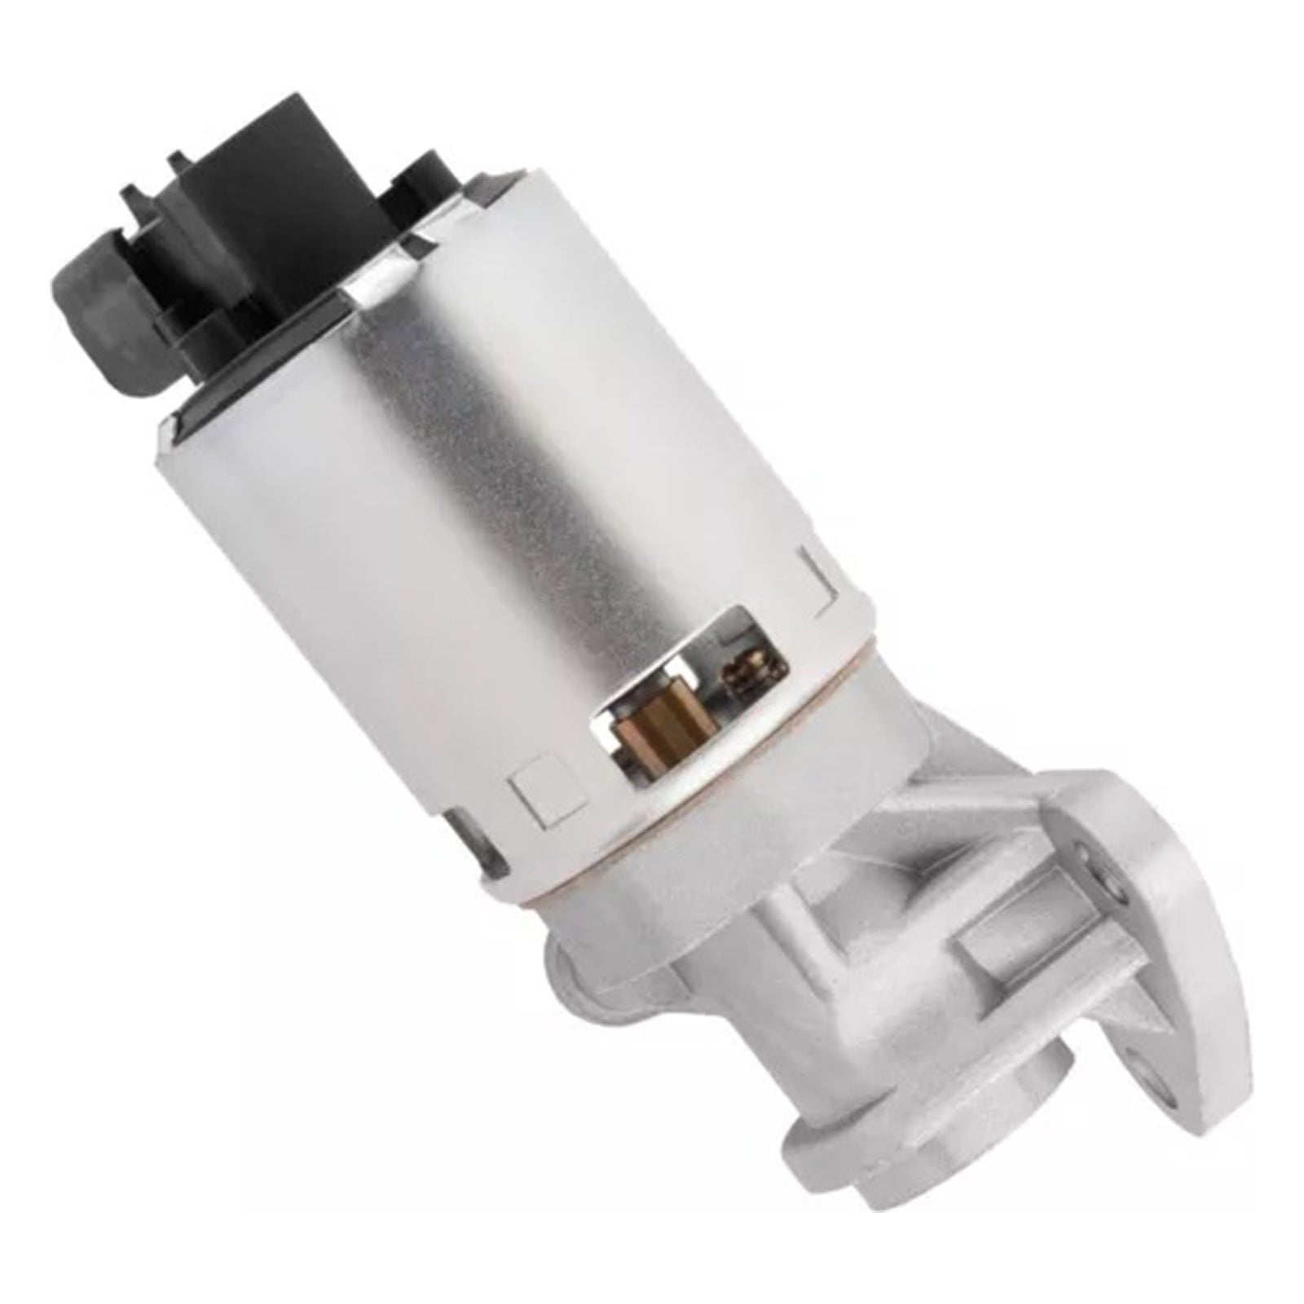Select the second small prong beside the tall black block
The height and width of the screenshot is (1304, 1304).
click(x=174, y=163)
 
